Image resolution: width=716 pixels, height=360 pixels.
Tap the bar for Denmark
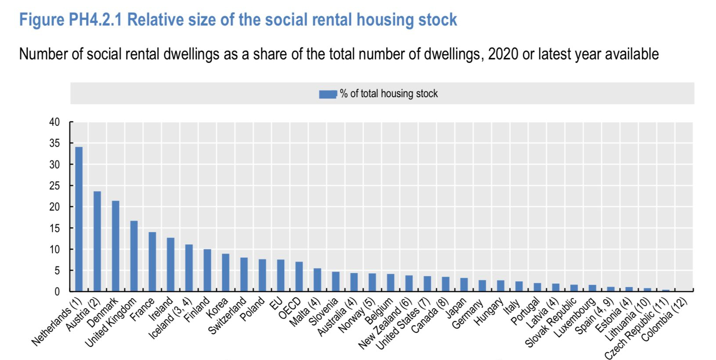[116, 246]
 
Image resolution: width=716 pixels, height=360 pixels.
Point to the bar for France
[152, 262]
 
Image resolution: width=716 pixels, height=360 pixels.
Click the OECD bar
[299, 276]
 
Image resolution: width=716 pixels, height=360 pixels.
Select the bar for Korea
[225, 273]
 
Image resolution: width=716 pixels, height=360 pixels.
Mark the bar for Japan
[464, 284]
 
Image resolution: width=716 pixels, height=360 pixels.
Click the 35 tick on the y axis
[54, 143]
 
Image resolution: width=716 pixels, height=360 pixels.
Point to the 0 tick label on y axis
[57, 291]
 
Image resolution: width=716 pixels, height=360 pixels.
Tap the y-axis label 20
[54, 207]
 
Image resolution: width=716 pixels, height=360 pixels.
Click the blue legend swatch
[328, 94]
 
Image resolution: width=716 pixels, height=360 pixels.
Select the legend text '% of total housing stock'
[389, 94]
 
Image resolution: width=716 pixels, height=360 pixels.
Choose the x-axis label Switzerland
[227, 316]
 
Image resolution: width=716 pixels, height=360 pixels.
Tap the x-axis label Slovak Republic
[551, 323]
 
